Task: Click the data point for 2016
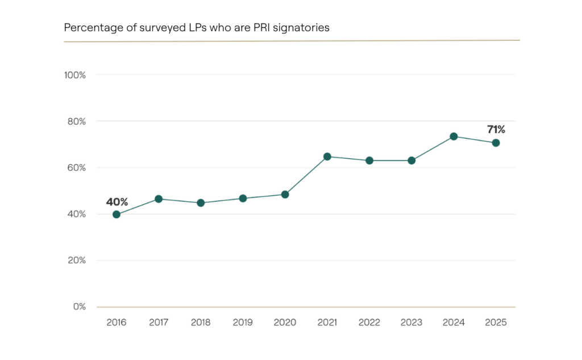pyautogui.click(x=117, y=214)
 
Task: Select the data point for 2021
pyautogui.click(x=327, y=156)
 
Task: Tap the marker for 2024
pyautogui.click(x=454, y=136)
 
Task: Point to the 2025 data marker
pyautogui.click(x=496, y=143)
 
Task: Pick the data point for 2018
pyautogui.click(x=201, y=203)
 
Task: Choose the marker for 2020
pyautogui.click(x=285, y=195)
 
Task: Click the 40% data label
pyautogui.click(x=117, y=202)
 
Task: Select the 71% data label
pyautogui.click(x=496, y=130)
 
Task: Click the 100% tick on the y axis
pyautogui.click(x=75, y=75)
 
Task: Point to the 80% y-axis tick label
pyautogui.click(x=76, y=121)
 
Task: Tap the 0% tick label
pyautogui.click(x=80, y=307)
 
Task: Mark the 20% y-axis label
pyautogui.click(x=76, y=260)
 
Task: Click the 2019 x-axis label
pyautogui.click(x=243, y=322)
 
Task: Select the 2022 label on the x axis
pyautogui.click(x=369, y=322)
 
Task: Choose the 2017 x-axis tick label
pyautogui.click(x=159, y=322)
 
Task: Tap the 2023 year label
pyautogui.click(x=411, y=322)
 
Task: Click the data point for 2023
pyautogui.click(x=411, y=160)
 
